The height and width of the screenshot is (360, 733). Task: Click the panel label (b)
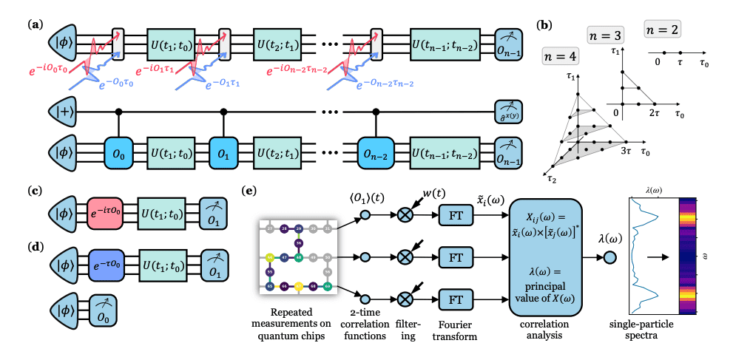pos(544,26)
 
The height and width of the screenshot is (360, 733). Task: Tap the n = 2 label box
pos(661,30)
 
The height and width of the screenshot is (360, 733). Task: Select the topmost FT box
pos(451,216)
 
